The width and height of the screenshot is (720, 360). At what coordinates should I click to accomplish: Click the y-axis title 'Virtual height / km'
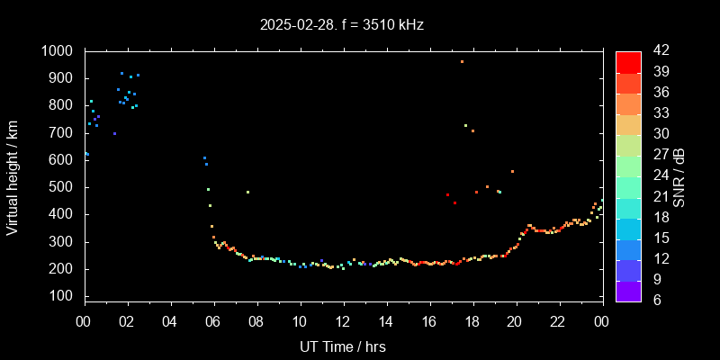click(13, 176)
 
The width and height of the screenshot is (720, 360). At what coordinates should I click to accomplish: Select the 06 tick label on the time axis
click(213, 322)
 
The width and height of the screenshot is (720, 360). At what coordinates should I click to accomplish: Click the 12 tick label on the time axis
click(343, 322)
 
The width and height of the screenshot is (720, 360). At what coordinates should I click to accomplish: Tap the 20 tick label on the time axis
click(515, 322)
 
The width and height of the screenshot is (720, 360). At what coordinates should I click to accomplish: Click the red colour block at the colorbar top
click(628, 61)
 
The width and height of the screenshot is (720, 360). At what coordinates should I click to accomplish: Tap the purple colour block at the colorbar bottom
click(628, 290)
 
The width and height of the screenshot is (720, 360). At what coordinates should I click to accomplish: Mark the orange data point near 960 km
click(462, 62)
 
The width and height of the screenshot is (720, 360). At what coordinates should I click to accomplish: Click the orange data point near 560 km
click(512, 171)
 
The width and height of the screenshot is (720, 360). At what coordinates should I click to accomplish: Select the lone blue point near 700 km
click(114, 133)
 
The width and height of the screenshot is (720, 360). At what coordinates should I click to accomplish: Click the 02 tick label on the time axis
click(127, 322)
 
